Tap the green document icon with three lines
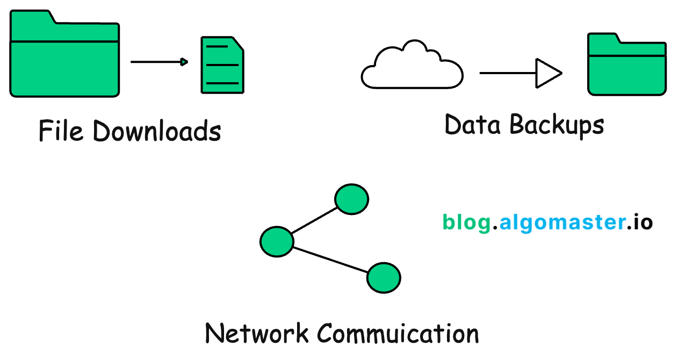click(x=222, y=66)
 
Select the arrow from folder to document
click(x=159, y=62)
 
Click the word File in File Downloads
click(x=61, y=131)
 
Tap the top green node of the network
click(x=351, y=199)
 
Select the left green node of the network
click(x=277, y=241)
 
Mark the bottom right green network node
click(x=384, y=278)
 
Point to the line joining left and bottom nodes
click(x=330, y=260)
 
